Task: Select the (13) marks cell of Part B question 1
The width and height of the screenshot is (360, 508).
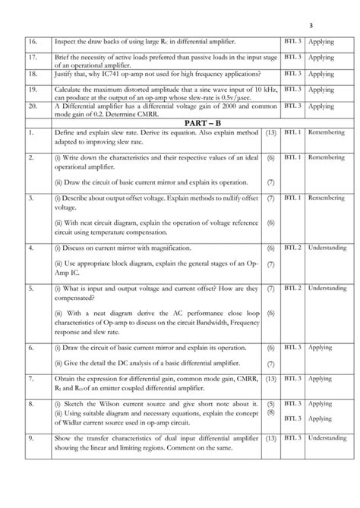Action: pyautogui.click(x=271, y=133)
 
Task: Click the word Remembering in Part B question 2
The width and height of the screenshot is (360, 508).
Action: pyautogui.click(x=327, y=157)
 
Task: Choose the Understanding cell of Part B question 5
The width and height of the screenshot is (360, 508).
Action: pyautogui.click(x=327, y=289)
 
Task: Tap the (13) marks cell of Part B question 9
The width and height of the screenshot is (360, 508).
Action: pyautogui.click(x=271, y=438)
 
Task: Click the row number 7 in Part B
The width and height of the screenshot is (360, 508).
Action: pyautogui.click(x=31, y=378)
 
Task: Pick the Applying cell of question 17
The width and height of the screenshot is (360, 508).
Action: pyautogui.click(x=321, y=57)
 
